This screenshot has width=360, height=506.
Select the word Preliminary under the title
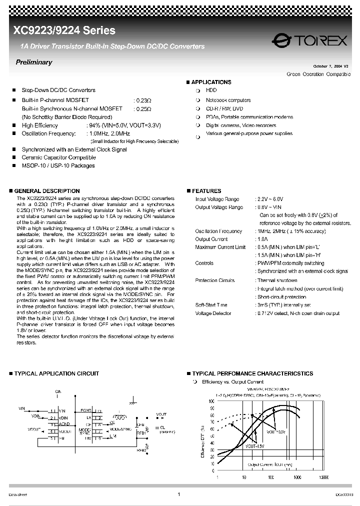coord(34,62)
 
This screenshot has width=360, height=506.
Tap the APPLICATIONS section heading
coord(211,82)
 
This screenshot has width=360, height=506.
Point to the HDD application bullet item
coord(211,90)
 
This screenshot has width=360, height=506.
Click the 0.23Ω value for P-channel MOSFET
coord(143,100)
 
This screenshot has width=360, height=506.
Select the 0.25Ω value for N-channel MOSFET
coord(143,108)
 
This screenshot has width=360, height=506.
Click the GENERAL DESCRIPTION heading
coord(46,191)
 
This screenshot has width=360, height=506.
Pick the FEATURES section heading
coord(206,191)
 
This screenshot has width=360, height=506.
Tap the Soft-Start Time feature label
coord(211,305)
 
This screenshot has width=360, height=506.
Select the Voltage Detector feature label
coord(213,313)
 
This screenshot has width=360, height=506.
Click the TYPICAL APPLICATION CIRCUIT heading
coord(56,373)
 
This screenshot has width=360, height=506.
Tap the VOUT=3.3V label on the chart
coord(276,431)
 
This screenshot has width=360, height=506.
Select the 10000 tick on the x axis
coord(323,477)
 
